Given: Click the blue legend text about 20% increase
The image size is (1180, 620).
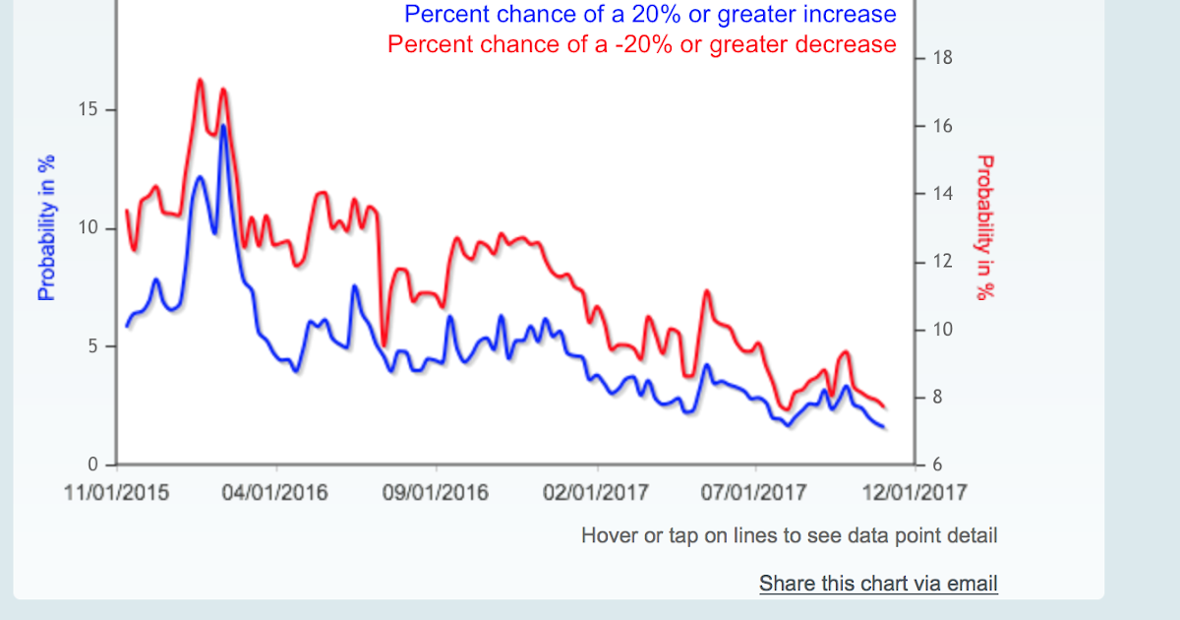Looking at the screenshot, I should point(650,15).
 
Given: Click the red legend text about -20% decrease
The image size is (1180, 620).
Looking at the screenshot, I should point(642,44).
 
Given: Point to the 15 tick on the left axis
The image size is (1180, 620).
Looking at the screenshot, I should point(88,110).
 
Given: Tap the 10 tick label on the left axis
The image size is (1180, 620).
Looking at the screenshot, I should point(88,228).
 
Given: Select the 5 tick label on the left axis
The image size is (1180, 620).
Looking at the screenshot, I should point(92,346).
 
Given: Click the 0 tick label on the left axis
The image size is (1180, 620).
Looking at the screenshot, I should point(92,465).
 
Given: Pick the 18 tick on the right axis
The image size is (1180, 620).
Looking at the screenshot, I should point(942,59).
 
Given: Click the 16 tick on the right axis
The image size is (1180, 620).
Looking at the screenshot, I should point(942,127).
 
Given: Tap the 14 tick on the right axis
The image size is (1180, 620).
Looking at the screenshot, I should point(942,195).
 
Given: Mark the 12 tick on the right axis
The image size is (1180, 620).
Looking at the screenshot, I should point(942,263).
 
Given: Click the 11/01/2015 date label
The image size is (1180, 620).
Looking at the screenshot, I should point(116,492).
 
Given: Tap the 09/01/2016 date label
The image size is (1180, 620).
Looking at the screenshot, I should point(436,492).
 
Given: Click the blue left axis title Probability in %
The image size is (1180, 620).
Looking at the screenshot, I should point(45,226).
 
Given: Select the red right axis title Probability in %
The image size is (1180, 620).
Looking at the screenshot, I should point(984,226).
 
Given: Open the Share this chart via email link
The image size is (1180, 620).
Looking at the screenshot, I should point(878,584).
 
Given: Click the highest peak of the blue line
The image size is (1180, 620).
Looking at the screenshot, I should point(223,126).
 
